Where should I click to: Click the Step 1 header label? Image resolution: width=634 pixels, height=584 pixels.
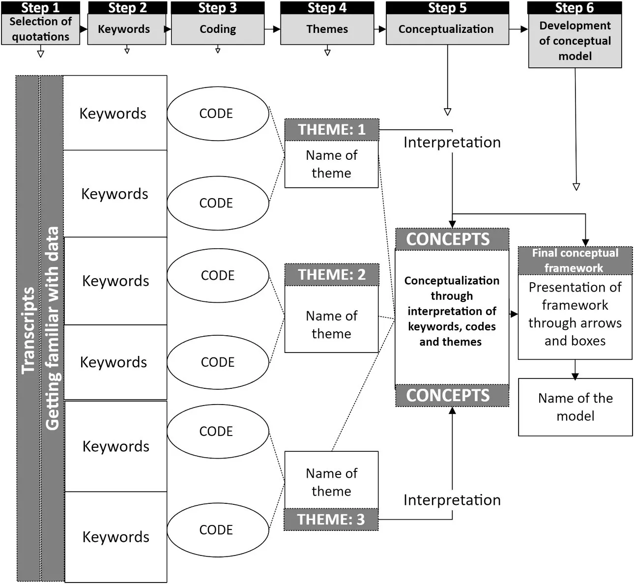pyautogui.click(x=40, y=7)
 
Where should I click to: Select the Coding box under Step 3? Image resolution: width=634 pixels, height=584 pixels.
pyautogui.click(x=217, y=29)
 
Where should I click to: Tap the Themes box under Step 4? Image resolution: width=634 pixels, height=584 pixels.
pyautogui.click(x=327, y=29)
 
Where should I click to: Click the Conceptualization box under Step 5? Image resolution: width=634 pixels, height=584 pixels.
pyautogui.click(x=446, y=29)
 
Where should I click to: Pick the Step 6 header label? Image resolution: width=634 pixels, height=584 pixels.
pyautogui.click(x=574, y=7)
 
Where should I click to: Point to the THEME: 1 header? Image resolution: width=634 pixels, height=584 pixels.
pyautogui.click(x=332, y=130)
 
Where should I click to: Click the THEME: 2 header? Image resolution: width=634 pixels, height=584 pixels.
pyautogui.click(x=332, y=275)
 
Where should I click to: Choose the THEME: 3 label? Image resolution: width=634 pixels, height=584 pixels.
pyautogui.click(x=331, y=520)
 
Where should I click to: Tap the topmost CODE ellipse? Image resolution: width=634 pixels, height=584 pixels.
pyautogui.click(x=218, y=114)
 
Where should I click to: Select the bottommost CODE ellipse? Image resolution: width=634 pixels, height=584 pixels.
pyautogui.click(x=218, y=530)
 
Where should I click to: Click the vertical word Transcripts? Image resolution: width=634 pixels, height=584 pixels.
pyautogui.click(x=28, y=329)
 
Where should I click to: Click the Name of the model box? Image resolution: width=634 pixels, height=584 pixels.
pyautogui.click(x=575, y=407)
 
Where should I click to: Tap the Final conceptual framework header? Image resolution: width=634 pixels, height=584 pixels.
pyautogui.click(x=575, y=261)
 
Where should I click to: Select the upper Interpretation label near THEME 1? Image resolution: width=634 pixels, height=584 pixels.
pyautogui.click(x=452, y=143)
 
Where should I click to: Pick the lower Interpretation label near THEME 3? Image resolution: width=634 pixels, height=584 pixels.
pyautogui.click(x=452, y=500)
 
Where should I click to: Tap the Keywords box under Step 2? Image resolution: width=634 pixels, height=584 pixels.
pyautogui.click(x=126, y=29)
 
